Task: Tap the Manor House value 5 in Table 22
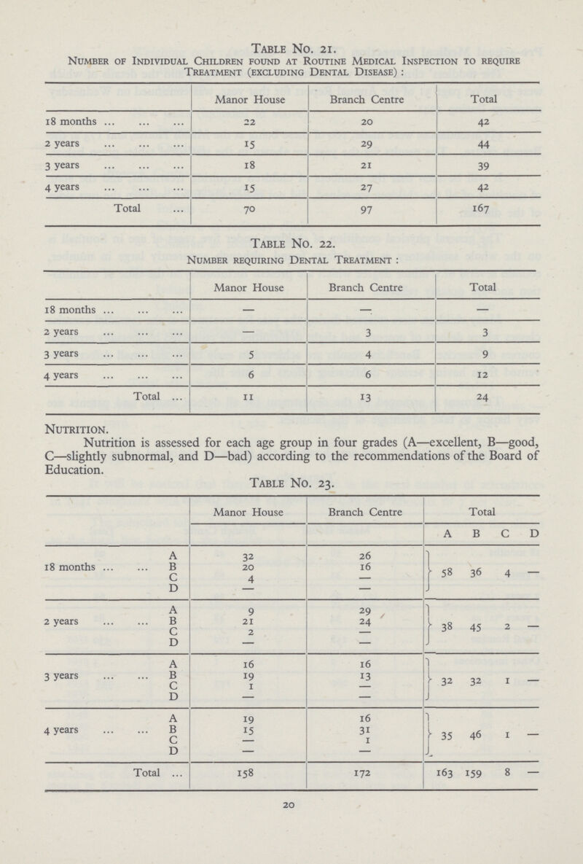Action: [250, 352]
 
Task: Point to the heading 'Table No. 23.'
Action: [291, 480]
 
